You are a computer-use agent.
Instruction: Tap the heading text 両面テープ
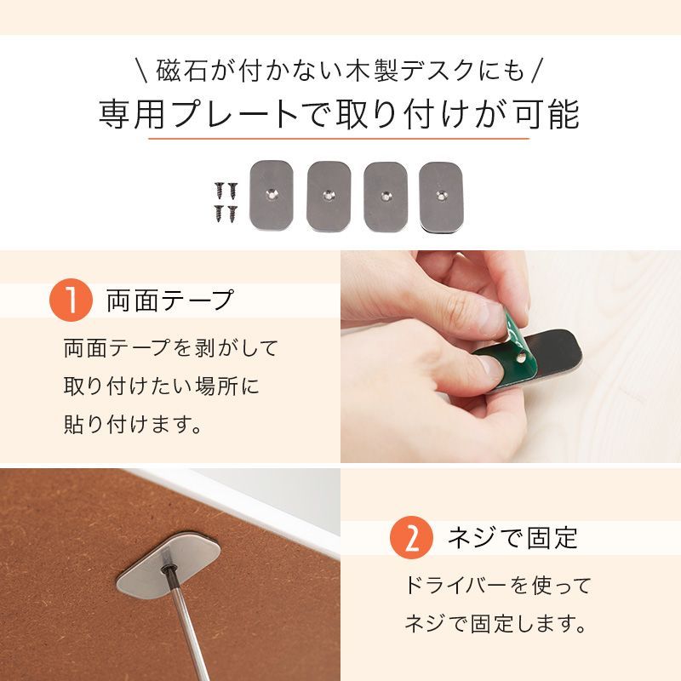coord(169,300)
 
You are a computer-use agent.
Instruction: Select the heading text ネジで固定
coord(512,539)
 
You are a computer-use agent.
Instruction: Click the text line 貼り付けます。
coord(134,423)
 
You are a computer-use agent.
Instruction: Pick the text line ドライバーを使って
coord(497,586)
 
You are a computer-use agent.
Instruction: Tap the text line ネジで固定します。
coord(495,625)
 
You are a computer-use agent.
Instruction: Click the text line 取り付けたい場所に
coord(161,386)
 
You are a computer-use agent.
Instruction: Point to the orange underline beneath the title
coord(339,138)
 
